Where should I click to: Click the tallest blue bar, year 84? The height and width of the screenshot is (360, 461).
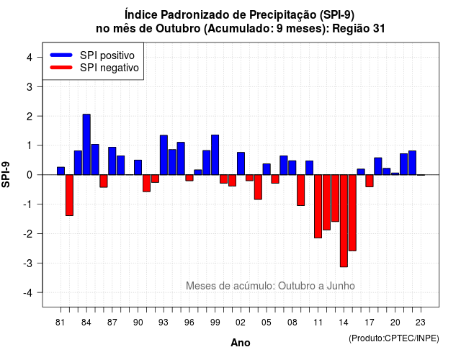(86, 144)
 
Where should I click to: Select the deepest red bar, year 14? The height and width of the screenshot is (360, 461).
(344, 221)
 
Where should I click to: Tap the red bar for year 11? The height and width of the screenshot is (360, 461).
(318, 207)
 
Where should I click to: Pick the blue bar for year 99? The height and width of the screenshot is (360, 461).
(215, 155)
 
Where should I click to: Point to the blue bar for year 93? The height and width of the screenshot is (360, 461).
(164, 155)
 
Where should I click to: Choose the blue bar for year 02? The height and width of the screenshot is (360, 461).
(241, 163)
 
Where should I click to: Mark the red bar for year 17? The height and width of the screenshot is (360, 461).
(370, 181)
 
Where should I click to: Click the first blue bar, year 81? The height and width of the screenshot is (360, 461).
(61, 171)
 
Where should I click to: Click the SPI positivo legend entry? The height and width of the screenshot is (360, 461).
(92, 55)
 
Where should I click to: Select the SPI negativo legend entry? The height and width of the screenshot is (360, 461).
(94, 68)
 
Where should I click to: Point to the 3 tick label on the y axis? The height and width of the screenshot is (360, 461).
(29, 86)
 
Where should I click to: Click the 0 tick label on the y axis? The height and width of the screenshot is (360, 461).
(29, 175)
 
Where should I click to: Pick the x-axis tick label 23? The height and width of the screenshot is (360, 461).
(421, 323)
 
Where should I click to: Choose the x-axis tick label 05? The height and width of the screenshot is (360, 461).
(266, 323)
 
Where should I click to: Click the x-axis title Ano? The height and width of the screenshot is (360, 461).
(241, 343)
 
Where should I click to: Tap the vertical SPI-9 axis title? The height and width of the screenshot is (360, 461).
(6, 174)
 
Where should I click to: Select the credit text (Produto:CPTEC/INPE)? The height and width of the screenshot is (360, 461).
(394, 338)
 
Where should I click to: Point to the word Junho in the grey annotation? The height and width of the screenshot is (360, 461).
(341, 286)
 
